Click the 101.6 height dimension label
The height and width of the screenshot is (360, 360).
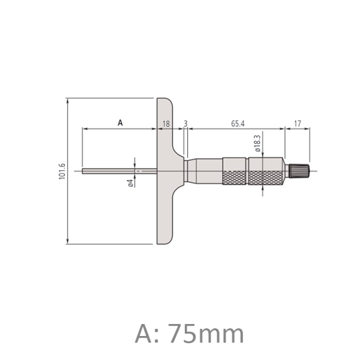click(x=62, y=171)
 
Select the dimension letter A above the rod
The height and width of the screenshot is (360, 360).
click(x=120, y=123)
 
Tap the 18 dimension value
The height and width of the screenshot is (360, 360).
click(x=166, y=124)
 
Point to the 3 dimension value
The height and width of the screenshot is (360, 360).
click(x=186, y=124)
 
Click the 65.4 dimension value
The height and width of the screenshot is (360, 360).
click(x=238, y=124)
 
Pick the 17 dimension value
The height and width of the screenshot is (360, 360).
click(x=298, y=124)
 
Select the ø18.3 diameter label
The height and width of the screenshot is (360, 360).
click(x=257, y=143)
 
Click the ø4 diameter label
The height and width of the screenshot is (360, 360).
click(x=130, y=183)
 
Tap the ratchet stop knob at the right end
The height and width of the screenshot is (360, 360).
click(x=299, y=171)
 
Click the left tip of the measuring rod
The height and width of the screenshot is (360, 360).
click(x=82, y=171)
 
